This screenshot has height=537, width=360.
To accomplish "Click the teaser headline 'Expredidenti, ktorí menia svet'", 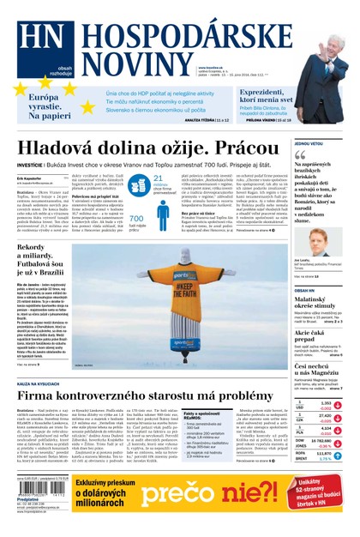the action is point(265,96).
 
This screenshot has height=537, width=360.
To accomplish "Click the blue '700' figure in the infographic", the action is point(136,218).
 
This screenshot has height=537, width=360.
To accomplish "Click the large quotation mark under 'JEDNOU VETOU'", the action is point(300,156).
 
